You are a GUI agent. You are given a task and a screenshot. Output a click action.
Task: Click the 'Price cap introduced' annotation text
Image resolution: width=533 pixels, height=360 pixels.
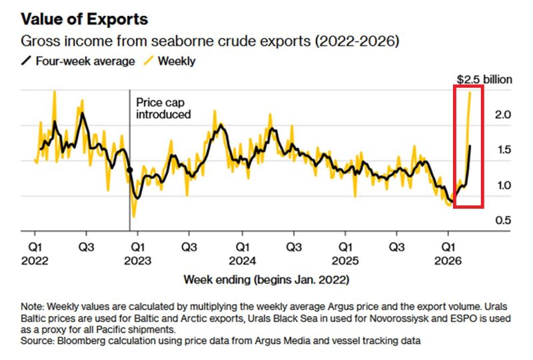pos(163,108)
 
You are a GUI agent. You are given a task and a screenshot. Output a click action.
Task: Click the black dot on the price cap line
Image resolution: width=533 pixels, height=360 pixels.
pos(129,171)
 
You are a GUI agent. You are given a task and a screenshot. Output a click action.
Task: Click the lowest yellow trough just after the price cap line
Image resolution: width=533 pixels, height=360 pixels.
pos(134,216)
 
